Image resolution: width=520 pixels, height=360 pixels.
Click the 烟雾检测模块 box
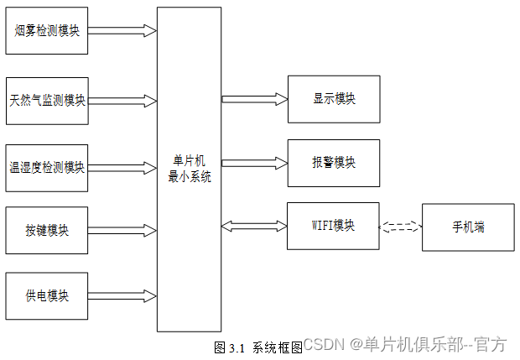tap(47, 30)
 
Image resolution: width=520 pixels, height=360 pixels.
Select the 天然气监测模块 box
tap(47, 100)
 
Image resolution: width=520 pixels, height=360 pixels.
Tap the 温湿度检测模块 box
tap(47, 166)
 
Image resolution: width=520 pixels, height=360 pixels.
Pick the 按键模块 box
tap(47, 230)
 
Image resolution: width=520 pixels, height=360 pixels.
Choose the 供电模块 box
tap(47, 295)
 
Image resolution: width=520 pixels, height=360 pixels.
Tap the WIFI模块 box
tap(333, 225)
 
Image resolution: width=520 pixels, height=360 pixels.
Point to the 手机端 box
tap(468, 227)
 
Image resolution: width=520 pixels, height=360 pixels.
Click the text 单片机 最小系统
tap(190, 169)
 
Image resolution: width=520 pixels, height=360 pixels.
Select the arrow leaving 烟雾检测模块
tap(122, 30)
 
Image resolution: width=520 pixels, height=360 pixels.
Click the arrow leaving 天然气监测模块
tap(122, 101)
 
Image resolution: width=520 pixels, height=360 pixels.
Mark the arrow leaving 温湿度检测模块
tap(122, 166)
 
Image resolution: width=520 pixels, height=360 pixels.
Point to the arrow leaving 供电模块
tap(122, 295)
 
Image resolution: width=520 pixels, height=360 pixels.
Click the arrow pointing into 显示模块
tap(255, 99)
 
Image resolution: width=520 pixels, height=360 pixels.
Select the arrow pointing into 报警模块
tap(255, 162)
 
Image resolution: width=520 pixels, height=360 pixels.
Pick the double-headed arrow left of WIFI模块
tap(255, 225)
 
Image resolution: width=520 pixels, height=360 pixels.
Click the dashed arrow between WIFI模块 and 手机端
tap(401, 226)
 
